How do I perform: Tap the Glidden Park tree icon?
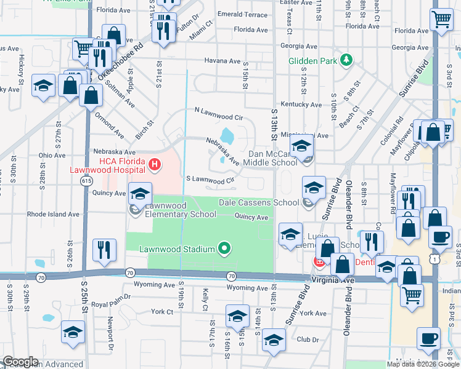click(x=347, y=60)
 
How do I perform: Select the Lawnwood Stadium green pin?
click(x=224, y=249)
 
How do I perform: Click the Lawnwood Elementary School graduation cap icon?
click(x=140, y=193)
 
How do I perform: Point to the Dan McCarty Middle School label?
click(x=272, y=158)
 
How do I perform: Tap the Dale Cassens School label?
click(x=259, y=202)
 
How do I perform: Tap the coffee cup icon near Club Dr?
click(x=428, y=338)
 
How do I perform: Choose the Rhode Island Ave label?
click(x=53, y=215)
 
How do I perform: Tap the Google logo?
click(x=20, y=362)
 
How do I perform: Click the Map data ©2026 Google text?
click(x=423, y=364)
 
